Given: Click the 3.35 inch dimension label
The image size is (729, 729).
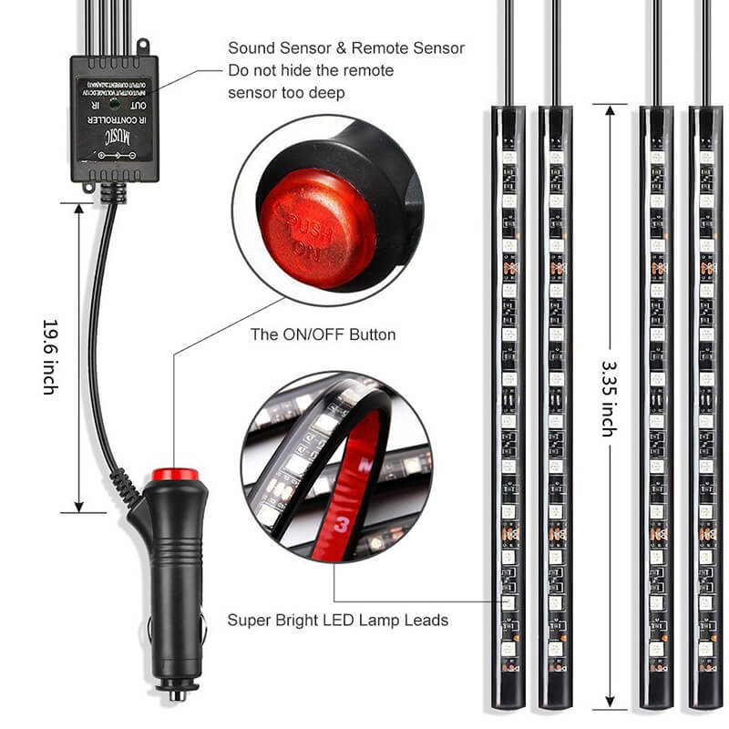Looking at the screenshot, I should pyautogui.click(x=608, y=396).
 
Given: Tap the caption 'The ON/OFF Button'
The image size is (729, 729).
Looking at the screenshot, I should pyautogui.click(x=323, y=334).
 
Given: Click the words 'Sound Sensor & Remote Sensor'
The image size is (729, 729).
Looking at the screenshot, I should pyautogui.click(x=346, y=48).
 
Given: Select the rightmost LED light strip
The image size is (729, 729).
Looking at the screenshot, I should pyautogui.click(x=704, y=401).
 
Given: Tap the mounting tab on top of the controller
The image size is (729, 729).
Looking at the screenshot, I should pyautogui.click(x=142, y=46).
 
